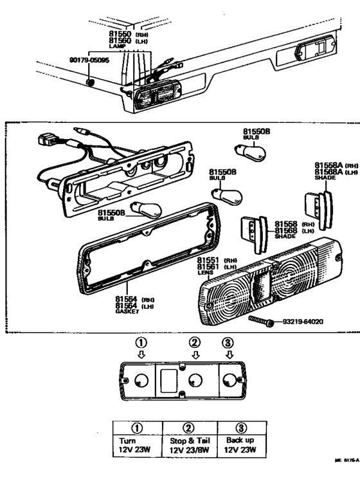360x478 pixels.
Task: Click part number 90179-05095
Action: (91, 60)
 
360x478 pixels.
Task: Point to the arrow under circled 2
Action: (194, 354)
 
